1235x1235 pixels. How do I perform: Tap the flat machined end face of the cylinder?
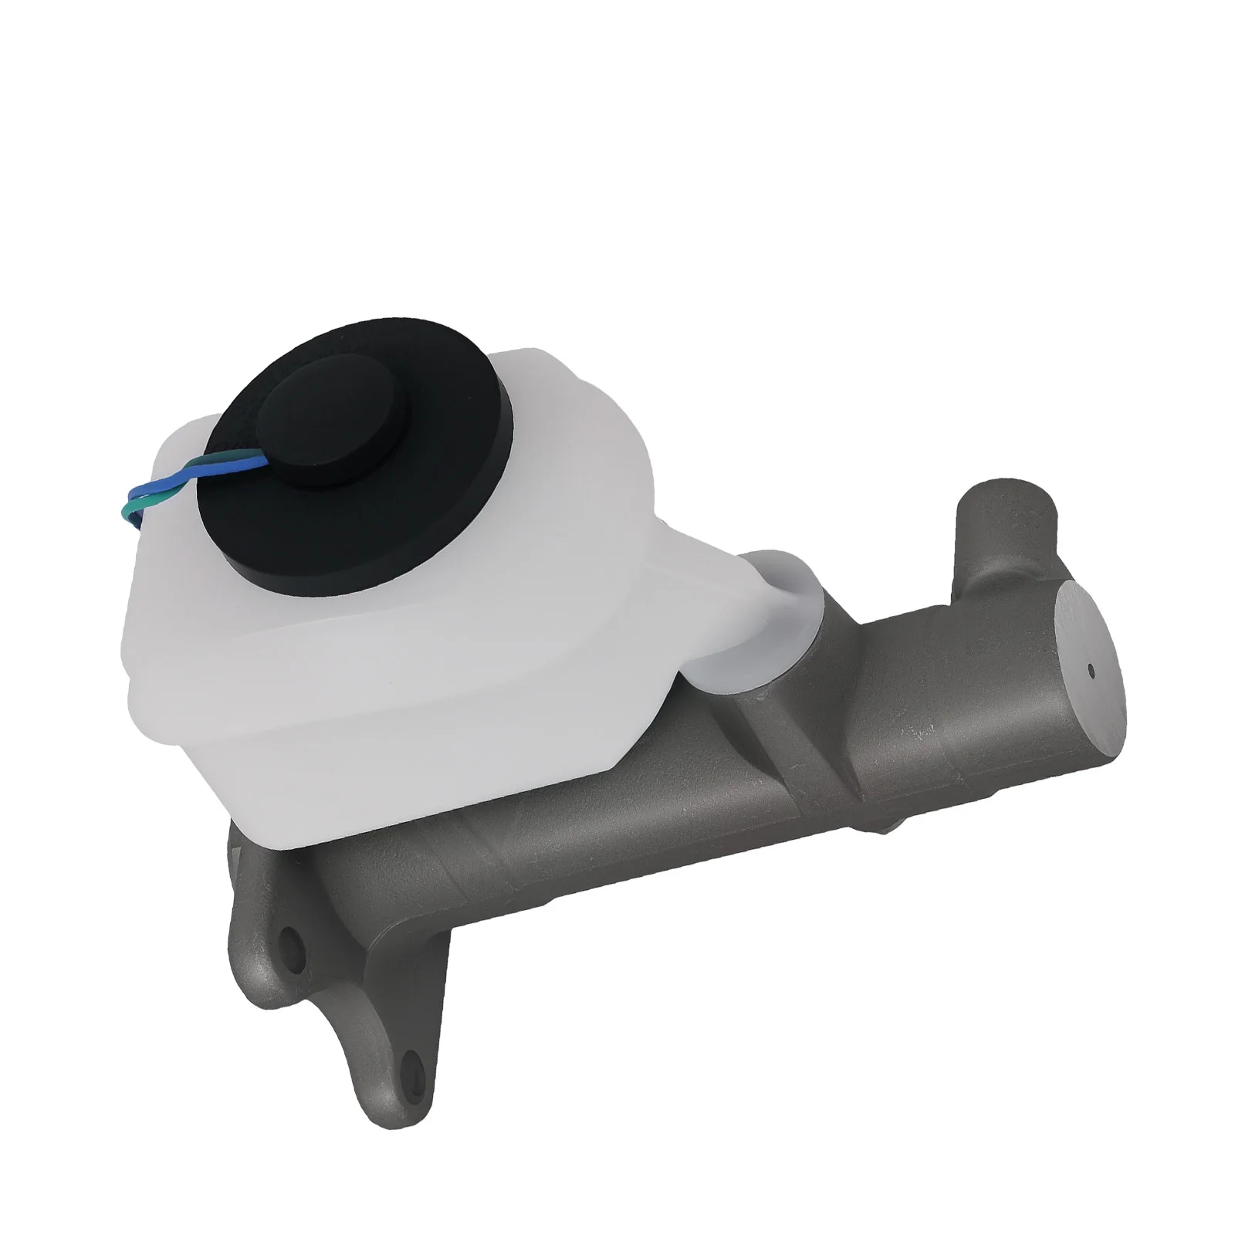[x=1077, y=672]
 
